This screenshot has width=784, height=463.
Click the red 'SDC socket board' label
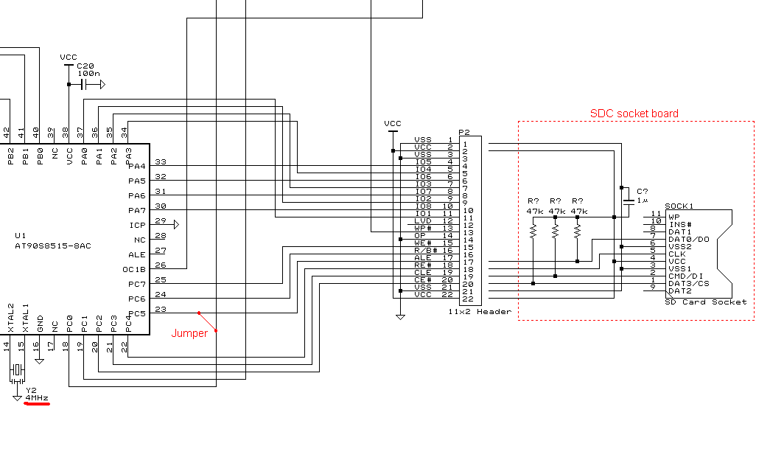[x=634, y=114]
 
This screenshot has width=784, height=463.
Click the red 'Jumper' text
[x=189, y=333]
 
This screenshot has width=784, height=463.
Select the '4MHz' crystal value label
[x=37, y=398]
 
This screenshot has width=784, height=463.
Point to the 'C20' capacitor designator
[x=85, y=66]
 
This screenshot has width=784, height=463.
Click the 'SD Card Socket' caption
[x=705, y=302]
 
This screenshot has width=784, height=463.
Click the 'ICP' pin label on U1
[x=136, y=225]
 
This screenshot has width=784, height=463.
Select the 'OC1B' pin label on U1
[x=134, y=269]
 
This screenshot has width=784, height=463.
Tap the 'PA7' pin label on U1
[x=137, y=210]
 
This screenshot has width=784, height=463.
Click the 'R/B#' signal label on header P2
[x=425, y=251]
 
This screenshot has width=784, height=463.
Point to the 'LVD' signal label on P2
[x=423, y=221]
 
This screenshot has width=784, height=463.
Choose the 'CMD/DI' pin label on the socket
[x=684, y=276]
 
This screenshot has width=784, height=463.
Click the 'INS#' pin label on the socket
[x=679, y=224]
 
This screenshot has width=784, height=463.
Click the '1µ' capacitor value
[x=642, y=200]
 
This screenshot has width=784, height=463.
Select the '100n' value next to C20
[x=88, y=74]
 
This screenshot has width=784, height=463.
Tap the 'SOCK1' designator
[x=679, y=206]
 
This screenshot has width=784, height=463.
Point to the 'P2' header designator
[x=464, y=133]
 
